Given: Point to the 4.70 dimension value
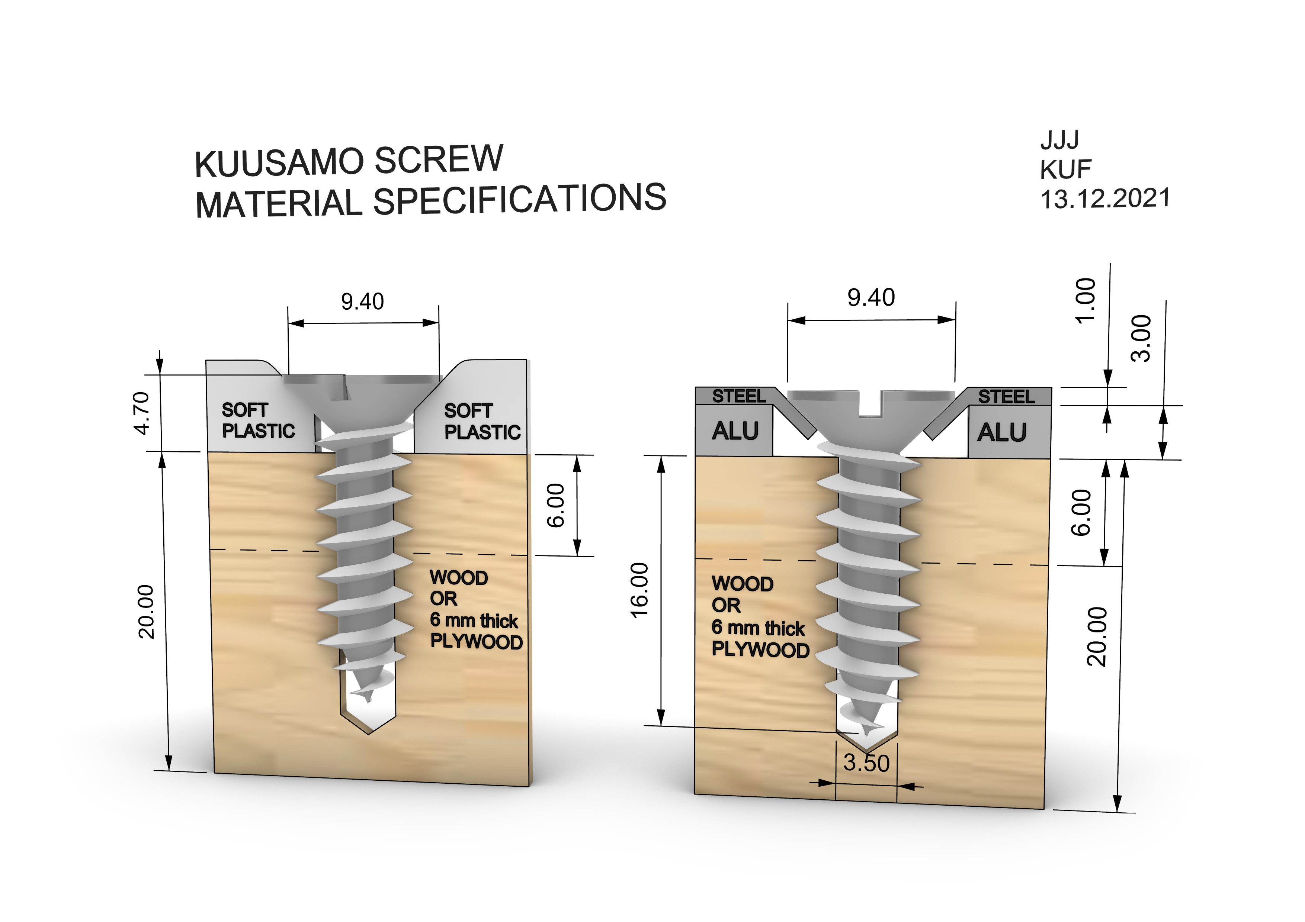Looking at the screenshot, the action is (141, 413).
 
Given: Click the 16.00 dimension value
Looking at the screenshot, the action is (639, 590).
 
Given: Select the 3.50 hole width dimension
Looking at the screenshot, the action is (866, 763).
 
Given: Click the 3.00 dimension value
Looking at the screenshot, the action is (1141, 339).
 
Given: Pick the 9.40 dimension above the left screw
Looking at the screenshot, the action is (363, 302).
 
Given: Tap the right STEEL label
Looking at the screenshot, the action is (1006, 397).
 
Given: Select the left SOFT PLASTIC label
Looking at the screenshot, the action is (258, 420).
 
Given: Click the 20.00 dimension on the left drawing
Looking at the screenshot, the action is (146, 612).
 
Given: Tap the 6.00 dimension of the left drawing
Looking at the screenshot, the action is (556, 505).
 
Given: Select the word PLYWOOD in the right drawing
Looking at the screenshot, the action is (760, 649).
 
